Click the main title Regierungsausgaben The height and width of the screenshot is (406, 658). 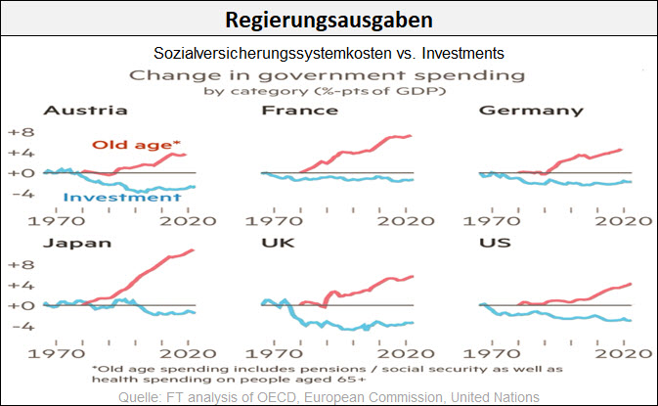[329, 20]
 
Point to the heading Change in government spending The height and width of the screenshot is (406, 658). [329, 74]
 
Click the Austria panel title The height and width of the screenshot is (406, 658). [45, 111]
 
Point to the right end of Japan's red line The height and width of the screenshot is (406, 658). [194, 250]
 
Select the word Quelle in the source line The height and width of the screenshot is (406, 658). [140, 396]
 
